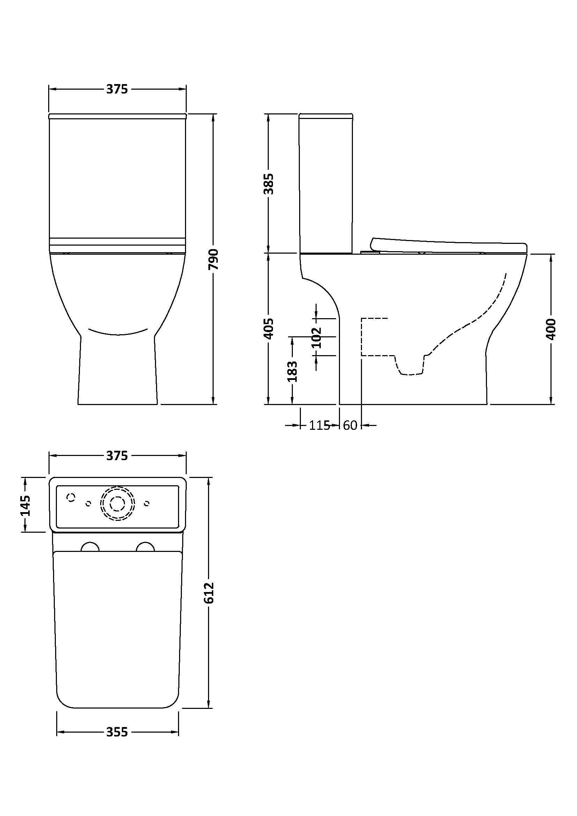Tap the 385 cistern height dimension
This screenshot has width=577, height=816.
[x=269, y=184]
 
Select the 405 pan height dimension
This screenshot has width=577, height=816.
[x=269, y=329]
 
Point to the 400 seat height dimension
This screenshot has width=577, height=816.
[x=551, y=329]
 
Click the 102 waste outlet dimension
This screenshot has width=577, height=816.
[x=316, y=338]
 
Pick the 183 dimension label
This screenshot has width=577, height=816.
[x=292, y=372]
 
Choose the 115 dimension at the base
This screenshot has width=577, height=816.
[x=319, y=425]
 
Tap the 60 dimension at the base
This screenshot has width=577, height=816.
[x=350, y=425]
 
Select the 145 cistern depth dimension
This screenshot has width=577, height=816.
[x=25, y=506]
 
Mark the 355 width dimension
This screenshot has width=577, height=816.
[x=117, y=732]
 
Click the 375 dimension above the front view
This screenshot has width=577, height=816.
[x=117, y=89]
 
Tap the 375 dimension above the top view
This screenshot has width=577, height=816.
[x=117, y=456]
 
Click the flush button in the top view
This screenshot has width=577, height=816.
[x=117, y=503]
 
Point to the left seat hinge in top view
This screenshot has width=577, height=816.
[x=90, y=547]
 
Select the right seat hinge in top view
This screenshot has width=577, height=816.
[x=146, y=547]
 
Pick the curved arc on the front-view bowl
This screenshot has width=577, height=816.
[x=118, y=333]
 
